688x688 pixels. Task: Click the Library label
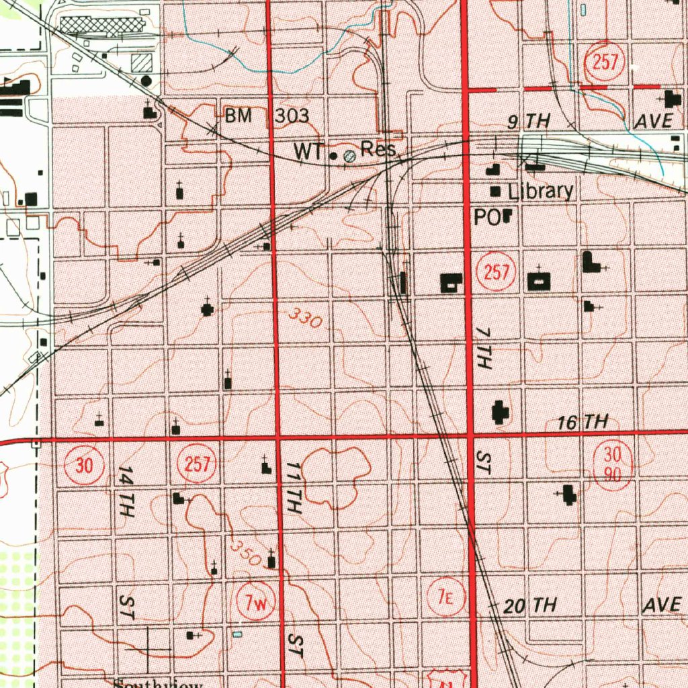point(540,191)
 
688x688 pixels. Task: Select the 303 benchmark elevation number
point(292,116)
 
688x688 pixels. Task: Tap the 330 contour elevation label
point(306,317)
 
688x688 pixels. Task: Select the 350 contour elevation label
point(245,552)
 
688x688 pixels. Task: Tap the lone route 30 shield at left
point(84,465)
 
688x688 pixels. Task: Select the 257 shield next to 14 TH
point(196,465)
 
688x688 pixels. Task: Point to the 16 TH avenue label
point(582,423)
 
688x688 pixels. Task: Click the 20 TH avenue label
point(530,606)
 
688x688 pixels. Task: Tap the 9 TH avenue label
point(528,121)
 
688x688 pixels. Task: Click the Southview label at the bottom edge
point(158,683)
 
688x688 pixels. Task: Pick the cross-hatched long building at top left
point(102,25)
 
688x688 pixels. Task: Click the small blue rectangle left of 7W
point(236,633)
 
